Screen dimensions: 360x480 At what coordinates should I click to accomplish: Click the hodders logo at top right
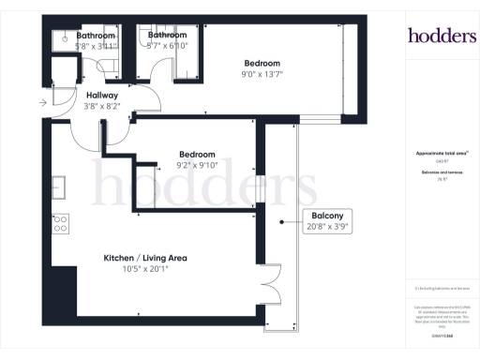point(442,36)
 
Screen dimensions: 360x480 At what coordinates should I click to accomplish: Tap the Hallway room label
point(101,95)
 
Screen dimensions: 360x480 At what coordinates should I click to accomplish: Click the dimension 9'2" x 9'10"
point(197,167)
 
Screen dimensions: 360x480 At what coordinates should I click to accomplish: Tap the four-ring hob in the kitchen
point(60,223)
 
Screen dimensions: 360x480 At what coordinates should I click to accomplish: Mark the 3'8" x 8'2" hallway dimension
point(101,107)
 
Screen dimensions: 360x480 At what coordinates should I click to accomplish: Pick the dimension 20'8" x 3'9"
point(329,226)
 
